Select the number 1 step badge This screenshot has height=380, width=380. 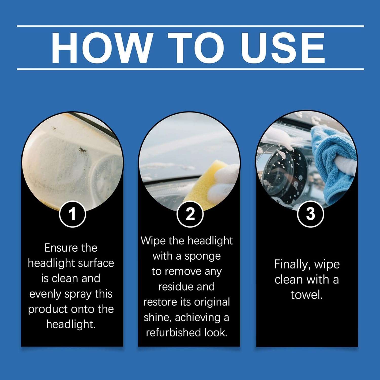tap(72, 214)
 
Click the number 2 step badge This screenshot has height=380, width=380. tap(190, 214)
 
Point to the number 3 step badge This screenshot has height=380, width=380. tap(311, 214)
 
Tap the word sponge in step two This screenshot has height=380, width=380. tap(203, 257)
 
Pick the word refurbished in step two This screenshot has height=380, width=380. tap(170, 332)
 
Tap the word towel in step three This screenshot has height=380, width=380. tap(307, 295)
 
